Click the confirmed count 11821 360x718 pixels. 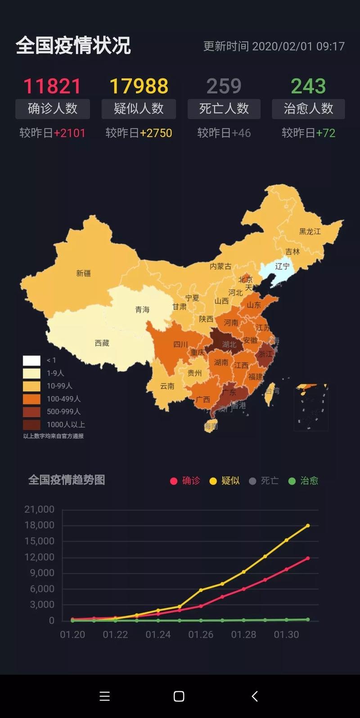coord(52,86)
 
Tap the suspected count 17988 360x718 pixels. coord(139,86)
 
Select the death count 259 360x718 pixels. coord(224,86)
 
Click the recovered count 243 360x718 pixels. coord(308,86)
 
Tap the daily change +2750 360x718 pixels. coord(156,133)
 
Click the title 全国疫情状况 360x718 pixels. coord(73,46)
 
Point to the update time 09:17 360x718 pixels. coord(330,46)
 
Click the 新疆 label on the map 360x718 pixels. coord(83,273)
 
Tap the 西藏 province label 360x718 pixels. coord(102,343)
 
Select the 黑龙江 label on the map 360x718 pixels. coord(310,231)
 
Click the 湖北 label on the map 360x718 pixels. coord(229,344)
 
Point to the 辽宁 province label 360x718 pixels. coord(282,266)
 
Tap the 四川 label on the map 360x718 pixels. coord(180,344)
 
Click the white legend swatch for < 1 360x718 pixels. coord(31,361)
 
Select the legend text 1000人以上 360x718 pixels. coord(66,424)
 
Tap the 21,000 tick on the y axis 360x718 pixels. coord(39,509)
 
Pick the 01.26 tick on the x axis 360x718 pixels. coord(201,634)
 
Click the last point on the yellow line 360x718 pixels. coord(308,525)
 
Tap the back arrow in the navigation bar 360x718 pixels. coord(255,696)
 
